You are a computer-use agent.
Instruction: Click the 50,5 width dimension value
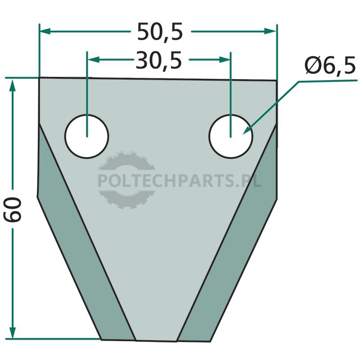160,31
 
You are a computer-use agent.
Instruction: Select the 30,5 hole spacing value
159,61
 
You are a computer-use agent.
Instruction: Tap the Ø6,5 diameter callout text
330,66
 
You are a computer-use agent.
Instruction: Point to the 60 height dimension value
13,209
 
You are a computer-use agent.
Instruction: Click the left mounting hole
87,136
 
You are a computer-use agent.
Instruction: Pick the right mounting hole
231,136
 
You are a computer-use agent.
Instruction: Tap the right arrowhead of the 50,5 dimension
270,31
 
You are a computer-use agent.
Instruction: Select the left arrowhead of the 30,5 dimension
94,60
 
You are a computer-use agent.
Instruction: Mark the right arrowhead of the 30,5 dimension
225,60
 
